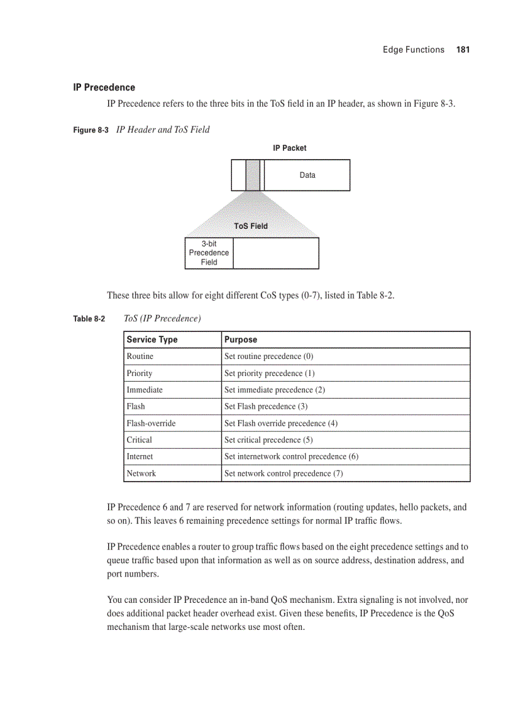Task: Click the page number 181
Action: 463,50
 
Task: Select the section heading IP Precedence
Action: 104,87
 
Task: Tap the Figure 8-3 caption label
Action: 91,130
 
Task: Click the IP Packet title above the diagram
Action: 290,148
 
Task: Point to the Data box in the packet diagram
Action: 307,175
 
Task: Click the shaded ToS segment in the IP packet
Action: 253,175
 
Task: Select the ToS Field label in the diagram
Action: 251,226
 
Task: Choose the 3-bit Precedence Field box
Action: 209,253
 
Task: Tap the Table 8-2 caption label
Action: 89,319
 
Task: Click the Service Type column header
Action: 152,339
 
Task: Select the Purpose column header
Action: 241,339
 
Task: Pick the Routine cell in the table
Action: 140,356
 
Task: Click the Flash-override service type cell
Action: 151,423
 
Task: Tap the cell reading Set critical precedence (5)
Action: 268,440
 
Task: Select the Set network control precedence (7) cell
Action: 284,473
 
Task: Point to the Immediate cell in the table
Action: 145,390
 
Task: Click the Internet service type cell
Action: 140,456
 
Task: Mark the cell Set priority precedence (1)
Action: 270,373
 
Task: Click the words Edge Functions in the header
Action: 413,50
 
